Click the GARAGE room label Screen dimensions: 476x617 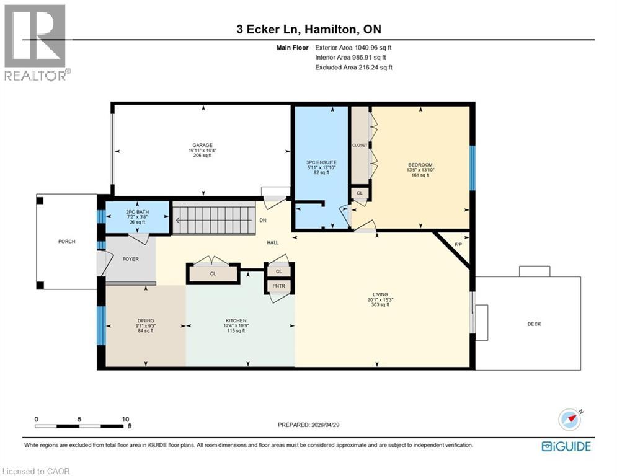pos(202,144)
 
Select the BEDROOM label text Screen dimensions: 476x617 pos(420,165)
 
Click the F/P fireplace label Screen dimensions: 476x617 pos(458,244)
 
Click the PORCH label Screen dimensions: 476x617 pos(66,241)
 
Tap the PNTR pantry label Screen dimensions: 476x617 pos(278,286)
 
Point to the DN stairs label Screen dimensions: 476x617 pos(263,219)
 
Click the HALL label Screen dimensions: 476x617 pos(272,243)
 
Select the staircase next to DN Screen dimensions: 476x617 pos(213,219)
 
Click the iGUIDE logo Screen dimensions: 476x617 pos(566,446)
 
